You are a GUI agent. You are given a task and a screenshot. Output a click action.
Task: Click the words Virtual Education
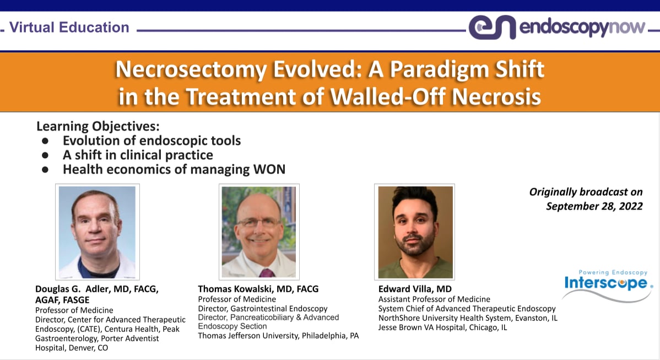[x=69, y=27]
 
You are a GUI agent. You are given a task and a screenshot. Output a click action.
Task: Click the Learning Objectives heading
[x=98, y=126]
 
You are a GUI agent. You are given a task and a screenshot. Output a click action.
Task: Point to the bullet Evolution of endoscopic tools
[x=152, y=141]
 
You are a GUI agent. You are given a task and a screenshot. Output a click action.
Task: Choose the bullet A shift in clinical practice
[x=138, y=155]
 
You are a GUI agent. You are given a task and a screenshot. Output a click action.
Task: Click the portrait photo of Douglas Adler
[x=97, y=232]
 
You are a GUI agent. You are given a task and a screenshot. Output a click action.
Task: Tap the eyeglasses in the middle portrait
[x=258, y=224]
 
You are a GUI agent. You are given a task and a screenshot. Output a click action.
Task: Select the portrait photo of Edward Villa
[x=414, y=232]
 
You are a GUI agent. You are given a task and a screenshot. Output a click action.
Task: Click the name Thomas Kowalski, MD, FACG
[x=258, y=289]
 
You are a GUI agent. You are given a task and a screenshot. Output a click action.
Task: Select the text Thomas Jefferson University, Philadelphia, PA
[x=278, y=335]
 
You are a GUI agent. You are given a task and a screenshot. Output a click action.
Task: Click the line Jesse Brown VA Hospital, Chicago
[x=442, y=327]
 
